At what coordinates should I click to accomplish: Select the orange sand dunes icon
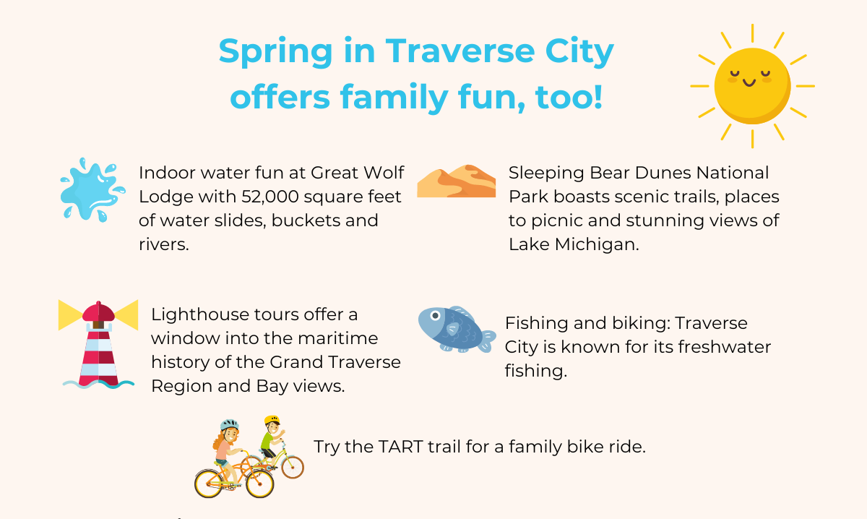pyautogui.click(x=457, y=181)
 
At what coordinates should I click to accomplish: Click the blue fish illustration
pyautogui.click(x=456, y=329)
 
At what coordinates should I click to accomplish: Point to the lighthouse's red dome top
pyautogui.click(x=99, y=312)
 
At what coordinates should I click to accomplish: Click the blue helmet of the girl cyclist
pyautogui.click(x=229, y=424)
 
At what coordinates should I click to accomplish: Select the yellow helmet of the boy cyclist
pyautogui.click(x=272, y=419)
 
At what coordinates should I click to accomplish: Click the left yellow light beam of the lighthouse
pyautogui.click(x=71, y=314)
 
